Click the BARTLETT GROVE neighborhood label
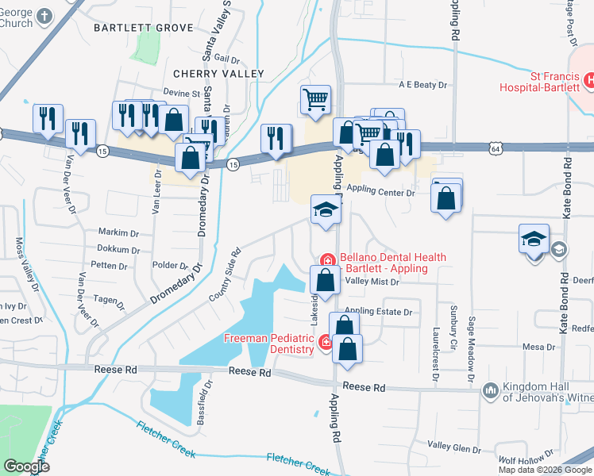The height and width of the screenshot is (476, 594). click(x=143, y=28)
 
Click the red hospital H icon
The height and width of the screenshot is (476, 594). click(x=590, y=79)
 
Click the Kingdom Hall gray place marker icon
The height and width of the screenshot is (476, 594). click(x=490, y=389)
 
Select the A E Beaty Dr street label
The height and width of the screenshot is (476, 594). click(x=424, y=85)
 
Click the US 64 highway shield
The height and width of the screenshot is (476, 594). click(x=496, y=148)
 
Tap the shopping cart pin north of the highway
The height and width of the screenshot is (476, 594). click(x=315, y=100)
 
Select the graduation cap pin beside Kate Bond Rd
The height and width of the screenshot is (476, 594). click(x=534, y=237)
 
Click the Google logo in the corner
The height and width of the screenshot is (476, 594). click(x=28, y=466)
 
